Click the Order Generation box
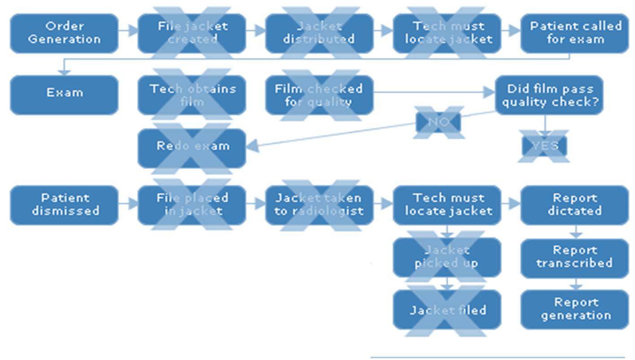64,33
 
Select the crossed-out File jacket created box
192,33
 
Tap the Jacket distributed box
319,33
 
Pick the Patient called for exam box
574,33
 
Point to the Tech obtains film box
192,95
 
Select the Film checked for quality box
319,95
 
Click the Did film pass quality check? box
549,95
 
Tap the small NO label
438,122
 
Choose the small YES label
544,146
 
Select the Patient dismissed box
64,205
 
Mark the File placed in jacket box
192,205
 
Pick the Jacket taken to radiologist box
319,205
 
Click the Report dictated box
574,205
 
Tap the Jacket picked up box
447,257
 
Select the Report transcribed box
574,257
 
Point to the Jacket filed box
447,310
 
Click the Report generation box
574,310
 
